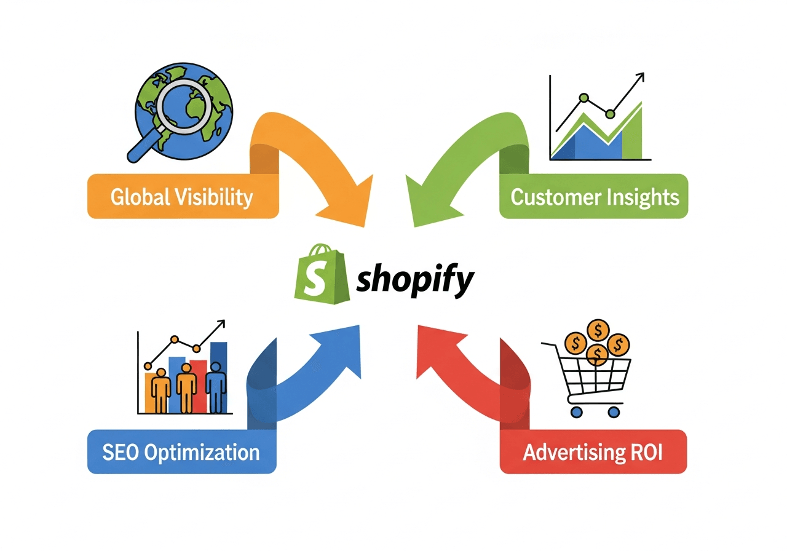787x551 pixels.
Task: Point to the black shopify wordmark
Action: pyautogui.click(x=416, y=281)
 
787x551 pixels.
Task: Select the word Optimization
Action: pyautogui.click(x=203, y=454)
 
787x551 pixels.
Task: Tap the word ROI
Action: pyautogui.click(x=646, y=453)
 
